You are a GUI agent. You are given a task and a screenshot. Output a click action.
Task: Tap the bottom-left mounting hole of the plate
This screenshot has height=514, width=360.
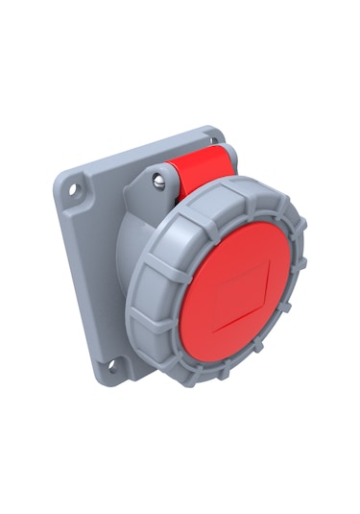[x=110, y=365]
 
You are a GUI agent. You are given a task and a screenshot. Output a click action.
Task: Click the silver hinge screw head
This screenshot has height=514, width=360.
[x=159, y=179]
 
